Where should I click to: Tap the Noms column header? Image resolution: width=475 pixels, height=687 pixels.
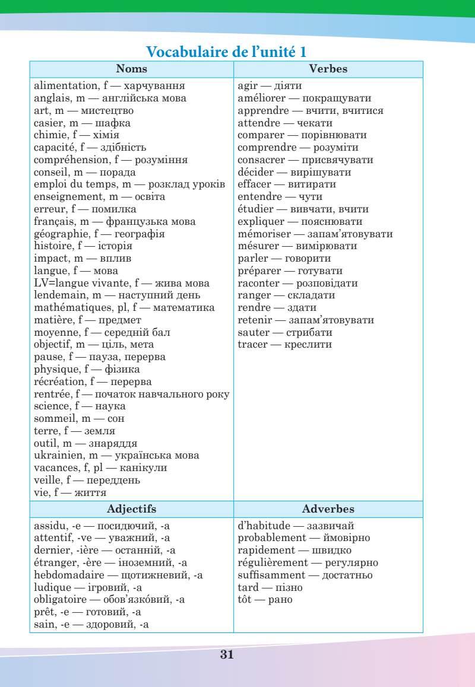point(131,69)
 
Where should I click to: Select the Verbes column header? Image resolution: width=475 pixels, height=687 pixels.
point(328,69)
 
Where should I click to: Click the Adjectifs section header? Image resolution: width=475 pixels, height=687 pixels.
point(131,509)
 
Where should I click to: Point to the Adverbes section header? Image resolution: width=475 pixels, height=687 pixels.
point(328,509)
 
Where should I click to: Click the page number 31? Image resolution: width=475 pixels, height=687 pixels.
point(227,654)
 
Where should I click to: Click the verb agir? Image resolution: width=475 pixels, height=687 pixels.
point(247,86)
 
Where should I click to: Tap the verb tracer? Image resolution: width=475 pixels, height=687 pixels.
point(252,345)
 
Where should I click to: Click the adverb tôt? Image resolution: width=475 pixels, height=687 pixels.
point(245,600)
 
